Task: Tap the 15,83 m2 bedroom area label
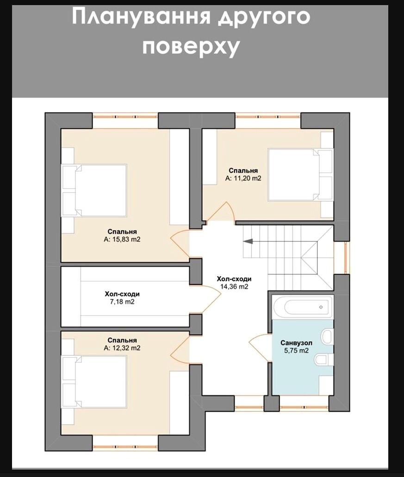point(122,235)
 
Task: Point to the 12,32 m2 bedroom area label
point(122,344)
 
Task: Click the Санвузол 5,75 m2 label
point(296,347)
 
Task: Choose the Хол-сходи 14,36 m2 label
point(234,283)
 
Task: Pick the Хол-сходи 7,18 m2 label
point(122,297)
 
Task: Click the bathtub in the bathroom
point(301,306)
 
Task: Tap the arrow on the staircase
point(249,241)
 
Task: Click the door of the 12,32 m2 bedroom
point(180,349)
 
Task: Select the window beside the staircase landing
point(345,258)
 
